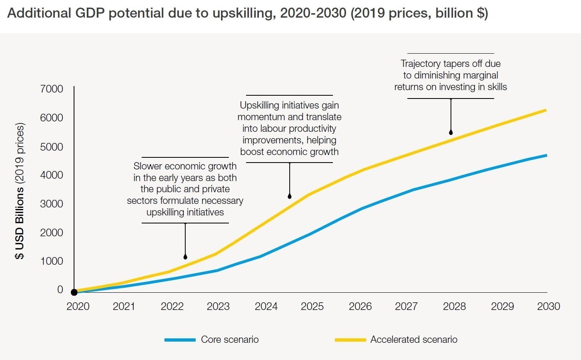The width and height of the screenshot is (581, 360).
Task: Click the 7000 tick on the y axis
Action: coord(52,89)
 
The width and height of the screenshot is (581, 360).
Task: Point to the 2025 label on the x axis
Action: coord(312,306)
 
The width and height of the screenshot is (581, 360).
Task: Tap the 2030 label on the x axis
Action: coord(549,306)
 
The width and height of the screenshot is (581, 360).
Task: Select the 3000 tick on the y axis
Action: coord(52,204)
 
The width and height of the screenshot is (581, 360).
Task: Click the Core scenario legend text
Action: coord(230,340)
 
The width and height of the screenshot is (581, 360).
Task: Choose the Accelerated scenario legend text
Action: coord(414,340)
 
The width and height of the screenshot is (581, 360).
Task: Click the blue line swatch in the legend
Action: coord(180,340)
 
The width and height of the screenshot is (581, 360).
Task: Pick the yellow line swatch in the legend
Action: coord(351,340)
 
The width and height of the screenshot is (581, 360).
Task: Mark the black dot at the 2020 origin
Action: coord(74,292)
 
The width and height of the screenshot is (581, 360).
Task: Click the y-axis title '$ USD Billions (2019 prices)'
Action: coord(20,191)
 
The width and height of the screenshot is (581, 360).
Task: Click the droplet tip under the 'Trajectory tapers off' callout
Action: coord(451,132)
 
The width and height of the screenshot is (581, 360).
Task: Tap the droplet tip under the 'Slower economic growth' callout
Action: coord(185,257)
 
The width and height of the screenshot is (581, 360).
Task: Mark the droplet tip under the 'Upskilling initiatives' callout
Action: coord(290,196)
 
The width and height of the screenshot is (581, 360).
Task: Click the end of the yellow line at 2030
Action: coord(546,110)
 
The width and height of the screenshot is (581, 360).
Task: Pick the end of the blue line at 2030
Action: coord(546,155)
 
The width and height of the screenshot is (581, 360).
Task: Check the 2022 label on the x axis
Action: coord(172,306)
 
